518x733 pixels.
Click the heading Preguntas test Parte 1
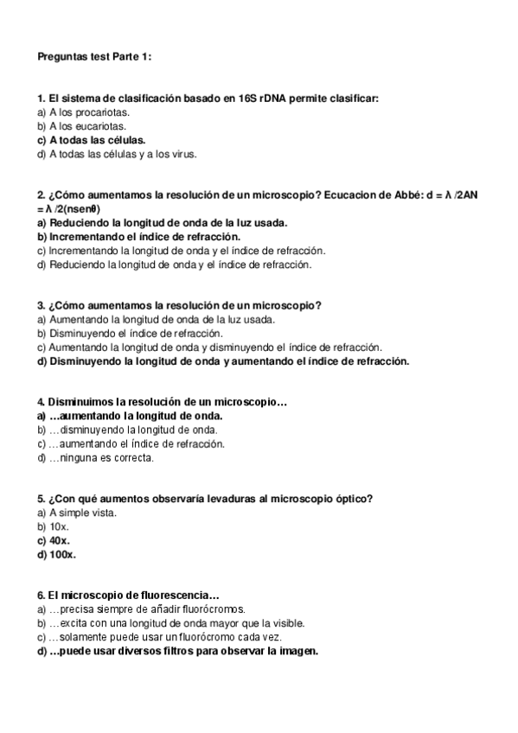tap(94, 57)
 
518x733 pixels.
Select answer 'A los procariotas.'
tap(85, 113)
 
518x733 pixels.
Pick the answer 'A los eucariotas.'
tap(84, 126)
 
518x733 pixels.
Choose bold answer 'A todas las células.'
tap(92, 140)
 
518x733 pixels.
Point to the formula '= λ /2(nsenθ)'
tap(69, 209)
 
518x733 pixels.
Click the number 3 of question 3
tap(41, 305)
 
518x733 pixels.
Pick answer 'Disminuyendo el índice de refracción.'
tap(131, 333)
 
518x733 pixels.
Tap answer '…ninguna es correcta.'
tap(96, 457)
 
